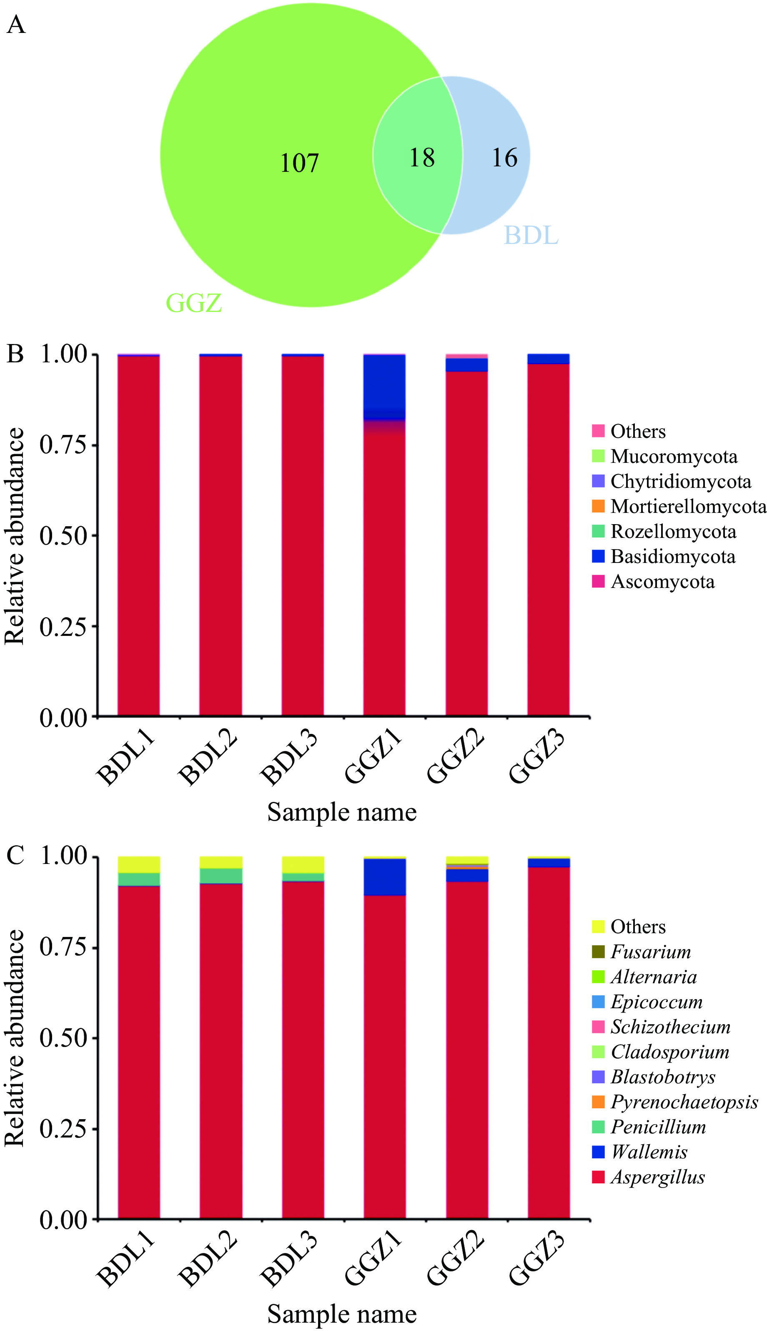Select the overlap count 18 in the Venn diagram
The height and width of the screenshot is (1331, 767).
[422, 158]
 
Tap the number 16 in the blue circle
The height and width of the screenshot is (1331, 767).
[504, 158]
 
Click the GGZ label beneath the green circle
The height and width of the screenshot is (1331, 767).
[194, 303]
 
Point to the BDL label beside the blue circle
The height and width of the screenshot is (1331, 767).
[531, 235]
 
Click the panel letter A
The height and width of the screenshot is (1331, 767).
[16, 25]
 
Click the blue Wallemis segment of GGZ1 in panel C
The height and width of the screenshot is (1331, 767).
[385, 877]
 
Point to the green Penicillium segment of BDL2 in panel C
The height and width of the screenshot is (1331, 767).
[221, 875]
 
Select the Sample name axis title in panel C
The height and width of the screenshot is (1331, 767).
[342, 1313]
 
